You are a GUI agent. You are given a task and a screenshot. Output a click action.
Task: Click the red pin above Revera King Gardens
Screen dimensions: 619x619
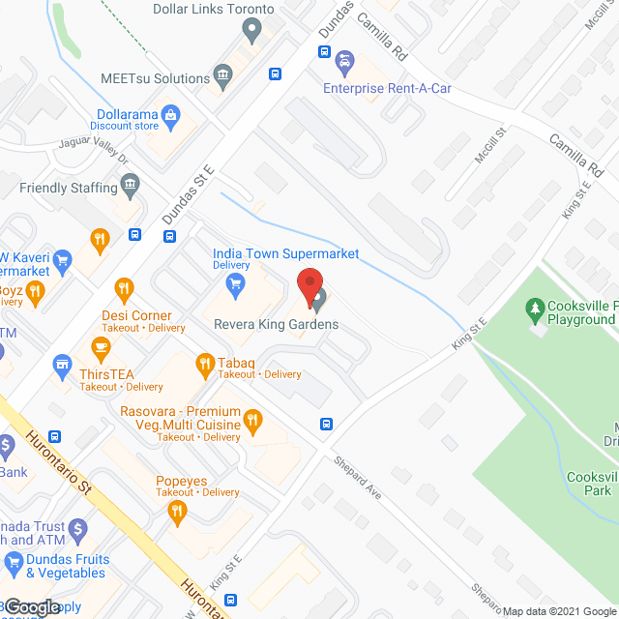tap(309, 286)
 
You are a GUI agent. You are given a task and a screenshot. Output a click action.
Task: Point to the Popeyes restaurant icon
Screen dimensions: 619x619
tap(176, 513)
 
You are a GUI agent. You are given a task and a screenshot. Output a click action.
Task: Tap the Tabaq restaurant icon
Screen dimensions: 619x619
tap(204, 365)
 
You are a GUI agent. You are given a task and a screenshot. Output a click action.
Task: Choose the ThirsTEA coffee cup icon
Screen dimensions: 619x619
tap(99, 345)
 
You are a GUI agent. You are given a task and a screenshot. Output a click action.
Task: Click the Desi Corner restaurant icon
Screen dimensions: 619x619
tap(123, 287)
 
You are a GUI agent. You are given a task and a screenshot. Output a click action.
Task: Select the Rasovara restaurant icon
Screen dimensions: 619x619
tap(252, 419)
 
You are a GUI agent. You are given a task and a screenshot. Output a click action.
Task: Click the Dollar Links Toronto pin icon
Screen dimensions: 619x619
tap(251, 31)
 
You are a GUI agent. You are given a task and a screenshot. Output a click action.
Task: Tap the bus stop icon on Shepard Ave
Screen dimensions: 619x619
tap(328, 425)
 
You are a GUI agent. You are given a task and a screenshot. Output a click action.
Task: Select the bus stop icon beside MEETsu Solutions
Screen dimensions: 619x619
tap(275, 74)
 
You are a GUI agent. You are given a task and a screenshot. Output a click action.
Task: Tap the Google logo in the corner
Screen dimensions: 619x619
tap(32, 606)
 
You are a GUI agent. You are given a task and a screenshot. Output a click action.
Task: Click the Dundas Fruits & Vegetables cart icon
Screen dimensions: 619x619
tap(14, 562)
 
